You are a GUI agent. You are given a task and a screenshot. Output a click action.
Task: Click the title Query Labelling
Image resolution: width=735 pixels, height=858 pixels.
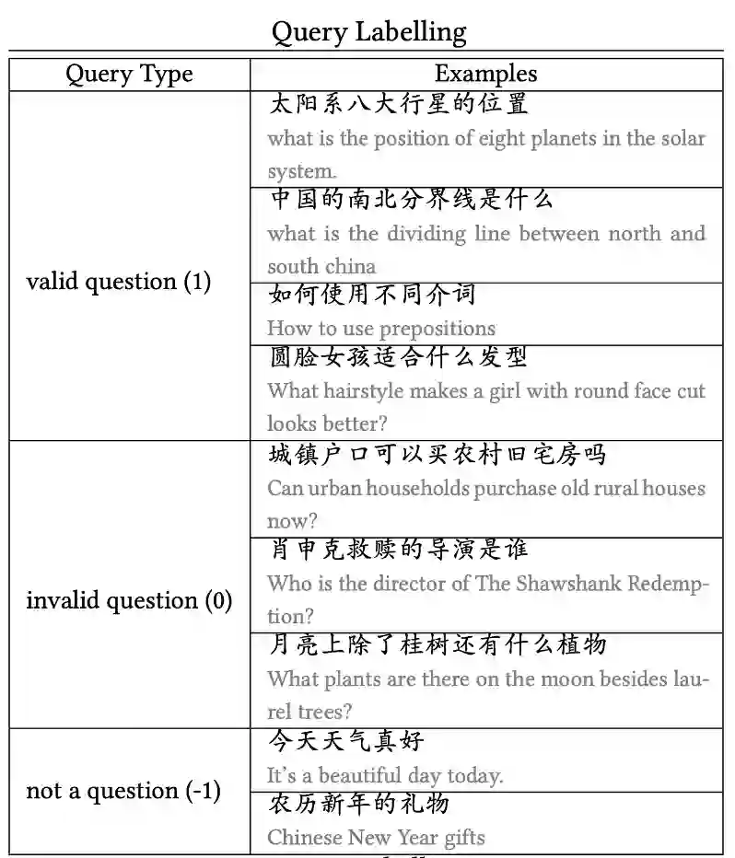[x=368, y=33]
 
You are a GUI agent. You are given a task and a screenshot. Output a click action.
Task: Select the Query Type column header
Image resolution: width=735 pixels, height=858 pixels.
[x=129, y=75]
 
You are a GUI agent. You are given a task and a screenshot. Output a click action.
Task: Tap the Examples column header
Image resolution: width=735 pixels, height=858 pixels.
[x=485, y=75]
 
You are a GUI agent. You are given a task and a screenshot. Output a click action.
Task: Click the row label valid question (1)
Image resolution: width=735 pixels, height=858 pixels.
[x=119, y=282]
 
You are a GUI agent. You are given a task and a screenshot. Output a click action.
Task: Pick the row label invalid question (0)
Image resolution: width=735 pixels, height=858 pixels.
[x=129, y=601]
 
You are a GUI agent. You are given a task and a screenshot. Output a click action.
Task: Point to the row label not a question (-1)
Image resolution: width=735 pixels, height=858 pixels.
[x=123, y=791]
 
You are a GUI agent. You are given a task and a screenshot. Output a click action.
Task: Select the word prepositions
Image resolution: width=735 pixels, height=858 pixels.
[x=437, y=329]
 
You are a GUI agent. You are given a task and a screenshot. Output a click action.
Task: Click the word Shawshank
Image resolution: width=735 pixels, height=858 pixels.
[x=580, y=584]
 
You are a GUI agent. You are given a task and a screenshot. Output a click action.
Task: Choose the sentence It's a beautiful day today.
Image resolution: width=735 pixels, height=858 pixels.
[x=385, y=776]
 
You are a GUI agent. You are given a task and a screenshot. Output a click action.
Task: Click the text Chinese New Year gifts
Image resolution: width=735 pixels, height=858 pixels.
[x=376, y=838]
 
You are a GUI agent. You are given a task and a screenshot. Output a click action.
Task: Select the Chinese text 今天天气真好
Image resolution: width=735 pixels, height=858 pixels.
[x=346, y=741]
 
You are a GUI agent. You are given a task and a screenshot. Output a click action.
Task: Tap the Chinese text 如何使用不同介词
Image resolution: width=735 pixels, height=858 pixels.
[x=372, y=296]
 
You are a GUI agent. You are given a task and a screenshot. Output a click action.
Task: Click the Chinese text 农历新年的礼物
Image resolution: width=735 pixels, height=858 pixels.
[x=359, y=804]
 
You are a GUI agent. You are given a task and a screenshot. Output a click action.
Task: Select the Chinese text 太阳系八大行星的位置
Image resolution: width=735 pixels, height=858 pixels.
[x=398, y=103]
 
